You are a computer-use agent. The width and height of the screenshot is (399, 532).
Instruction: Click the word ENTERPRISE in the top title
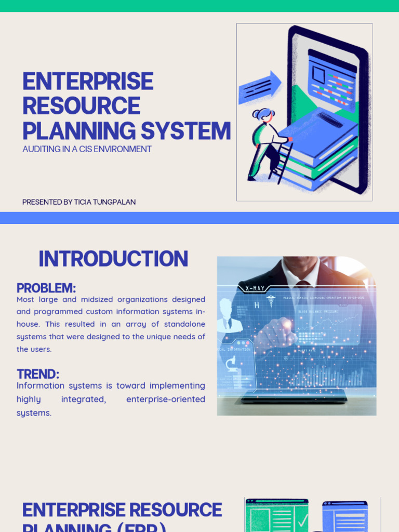87,82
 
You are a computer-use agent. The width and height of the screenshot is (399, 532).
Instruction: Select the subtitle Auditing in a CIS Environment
87,149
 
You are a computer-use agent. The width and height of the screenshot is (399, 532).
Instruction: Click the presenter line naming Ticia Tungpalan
79,202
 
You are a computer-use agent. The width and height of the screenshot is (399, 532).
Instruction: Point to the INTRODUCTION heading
113,259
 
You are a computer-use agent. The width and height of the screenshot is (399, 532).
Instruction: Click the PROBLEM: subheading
46,288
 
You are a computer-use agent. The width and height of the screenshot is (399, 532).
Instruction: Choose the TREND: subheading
38,374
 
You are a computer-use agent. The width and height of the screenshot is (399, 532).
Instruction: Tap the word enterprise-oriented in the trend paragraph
166,399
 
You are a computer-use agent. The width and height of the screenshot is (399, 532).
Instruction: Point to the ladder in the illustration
281,161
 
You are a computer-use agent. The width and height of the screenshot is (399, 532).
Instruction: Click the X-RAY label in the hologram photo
255,288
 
